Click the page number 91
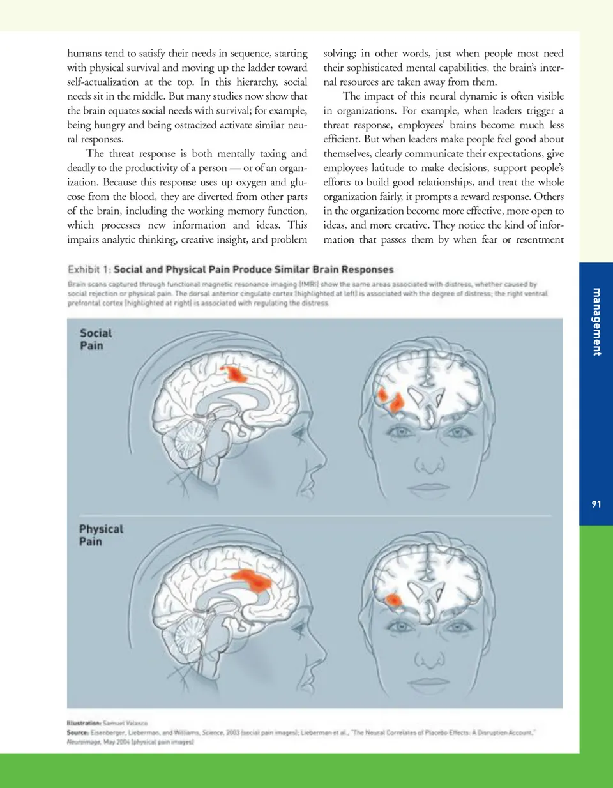[596, 504]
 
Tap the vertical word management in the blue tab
[597, 322]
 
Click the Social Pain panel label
[95, 339]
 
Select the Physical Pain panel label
[100, 535]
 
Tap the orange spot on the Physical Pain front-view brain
[393, 600]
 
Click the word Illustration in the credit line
[84, 724]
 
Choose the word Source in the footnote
[77, 732]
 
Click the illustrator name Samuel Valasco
[126, 724]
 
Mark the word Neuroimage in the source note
[84, 742]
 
